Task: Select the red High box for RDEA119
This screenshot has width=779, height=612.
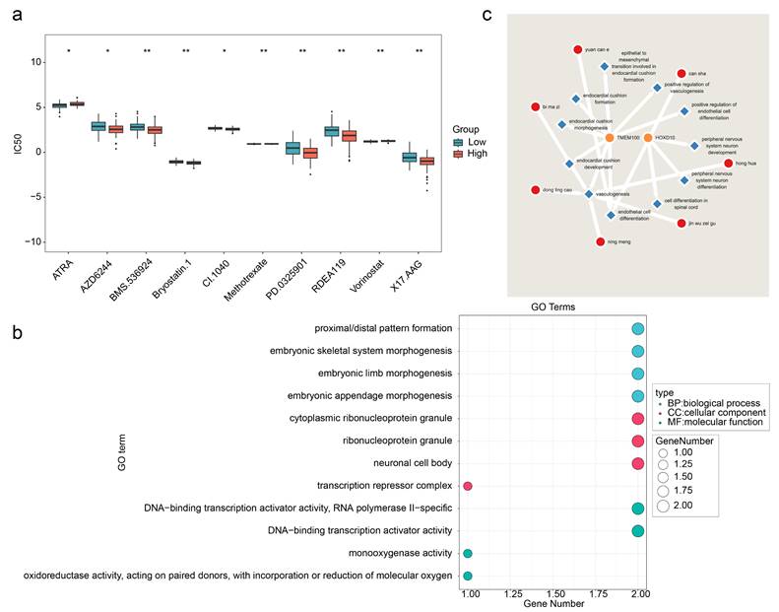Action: tap(350, 136)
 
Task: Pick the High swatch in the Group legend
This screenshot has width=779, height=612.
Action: tap(462, 154)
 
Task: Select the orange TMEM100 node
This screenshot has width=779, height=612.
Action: tap(611, 137)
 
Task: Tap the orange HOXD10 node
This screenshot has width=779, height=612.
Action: tap(647, 137)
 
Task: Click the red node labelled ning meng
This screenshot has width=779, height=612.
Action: tap(601, 240)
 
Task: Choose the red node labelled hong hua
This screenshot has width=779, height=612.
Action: tap(729, 163)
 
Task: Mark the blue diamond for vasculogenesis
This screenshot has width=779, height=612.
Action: tap(588, 194)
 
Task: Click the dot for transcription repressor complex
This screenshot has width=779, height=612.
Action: tap(468, 486)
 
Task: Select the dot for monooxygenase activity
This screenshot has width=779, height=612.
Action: tap(468, 554)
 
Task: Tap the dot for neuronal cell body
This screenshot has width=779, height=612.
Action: tap(637, 463)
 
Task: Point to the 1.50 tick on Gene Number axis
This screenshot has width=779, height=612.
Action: tap(552, 595)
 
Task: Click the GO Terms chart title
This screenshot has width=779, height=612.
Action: tap(552, 307)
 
